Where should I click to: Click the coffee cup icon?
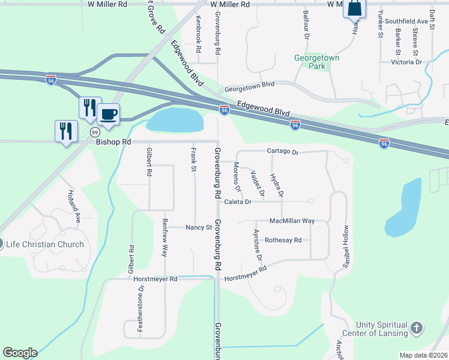108,113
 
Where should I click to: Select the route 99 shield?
95,131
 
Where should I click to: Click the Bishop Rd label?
113,142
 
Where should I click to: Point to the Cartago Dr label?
283,152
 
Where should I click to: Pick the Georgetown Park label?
317,62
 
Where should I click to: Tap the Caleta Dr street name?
238,202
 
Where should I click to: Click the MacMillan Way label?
292,221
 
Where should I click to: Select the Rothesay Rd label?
287,239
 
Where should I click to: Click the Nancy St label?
199,227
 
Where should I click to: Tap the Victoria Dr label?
406,62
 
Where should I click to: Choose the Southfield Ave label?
406,21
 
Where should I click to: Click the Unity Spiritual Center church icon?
417,328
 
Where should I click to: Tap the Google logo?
20,353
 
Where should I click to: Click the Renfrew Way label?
164,238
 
